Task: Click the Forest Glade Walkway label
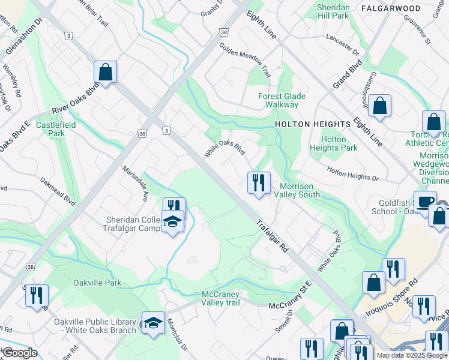click(282, 100)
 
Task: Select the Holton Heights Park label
click(334, 143)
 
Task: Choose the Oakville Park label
click(97, 283)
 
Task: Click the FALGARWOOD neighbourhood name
click(391, 8)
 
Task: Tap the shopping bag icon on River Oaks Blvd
click(105, 73)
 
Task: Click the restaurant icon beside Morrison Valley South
click(259, 182)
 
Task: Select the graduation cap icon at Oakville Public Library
click(153, 323)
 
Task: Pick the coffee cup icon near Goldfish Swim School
click(426, 202)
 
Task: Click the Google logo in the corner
click(20, 353)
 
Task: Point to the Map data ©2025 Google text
click(411, 355)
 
